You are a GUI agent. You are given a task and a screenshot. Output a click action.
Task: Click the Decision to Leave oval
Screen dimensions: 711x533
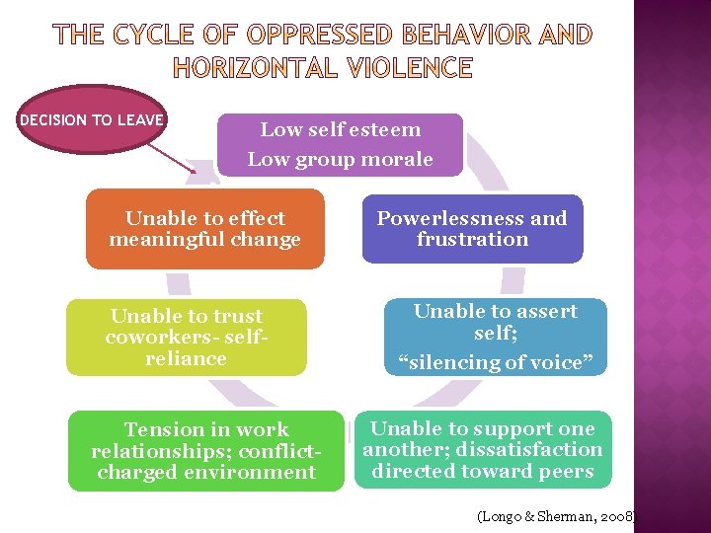[x=92, y=120]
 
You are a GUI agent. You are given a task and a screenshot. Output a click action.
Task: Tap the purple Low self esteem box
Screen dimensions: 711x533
[x=340, y=144]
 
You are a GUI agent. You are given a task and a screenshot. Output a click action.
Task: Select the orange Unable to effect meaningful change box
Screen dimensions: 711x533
[x=204, y=229]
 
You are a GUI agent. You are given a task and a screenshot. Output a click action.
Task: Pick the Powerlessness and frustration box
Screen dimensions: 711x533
[x=472, y=229]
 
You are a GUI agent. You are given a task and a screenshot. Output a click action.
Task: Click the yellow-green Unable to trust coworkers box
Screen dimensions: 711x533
[x=186, y=338]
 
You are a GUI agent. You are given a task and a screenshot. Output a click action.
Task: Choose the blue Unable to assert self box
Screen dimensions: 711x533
[x=495, y=337]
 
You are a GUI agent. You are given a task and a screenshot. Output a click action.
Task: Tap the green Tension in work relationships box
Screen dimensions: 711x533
[x=205, y=451]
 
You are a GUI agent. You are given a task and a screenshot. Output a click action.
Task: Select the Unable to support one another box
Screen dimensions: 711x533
[x=483, y=449]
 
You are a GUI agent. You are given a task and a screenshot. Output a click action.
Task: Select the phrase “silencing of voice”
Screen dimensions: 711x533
[x=495, y=363]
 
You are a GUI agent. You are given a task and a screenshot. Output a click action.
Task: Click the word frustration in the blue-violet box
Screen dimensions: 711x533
[x=472, y=240]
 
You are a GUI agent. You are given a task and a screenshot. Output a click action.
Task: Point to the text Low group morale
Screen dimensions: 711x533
[x=340, y=160]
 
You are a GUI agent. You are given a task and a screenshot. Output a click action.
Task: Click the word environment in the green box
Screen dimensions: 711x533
[x=256, y=472]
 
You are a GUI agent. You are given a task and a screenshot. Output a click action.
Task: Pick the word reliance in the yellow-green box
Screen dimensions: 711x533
[x=186, y=358]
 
